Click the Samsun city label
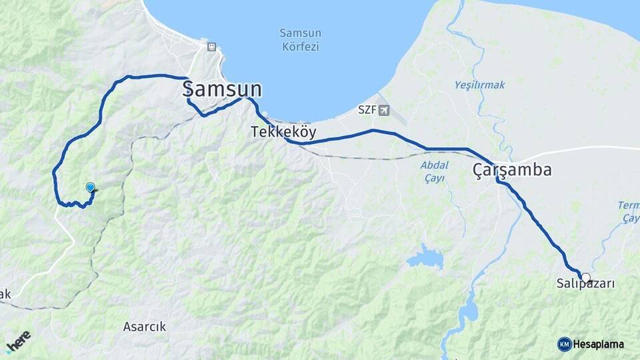click(222, 89)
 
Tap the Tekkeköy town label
click(283, 132)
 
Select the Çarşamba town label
click(512, 170)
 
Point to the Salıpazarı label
click(585, 284)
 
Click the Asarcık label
click(145, 327)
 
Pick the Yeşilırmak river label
click(480, 85)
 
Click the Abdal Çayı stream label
click(433, 171)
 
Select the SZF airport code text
click(367, 110)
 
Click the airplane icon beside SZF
click(383, 110)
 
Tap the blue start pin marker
click(91, 188)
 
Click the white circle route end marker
click(585, 277)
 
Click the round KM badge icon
click(564, 344)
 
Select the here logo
click(18, 341)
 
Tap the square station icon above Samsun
click(211, 47)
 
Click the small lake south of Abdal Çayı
click(425, 257)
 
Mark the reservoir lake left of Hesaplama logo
click(467, 310)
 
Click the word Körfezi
click(300, 47)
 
